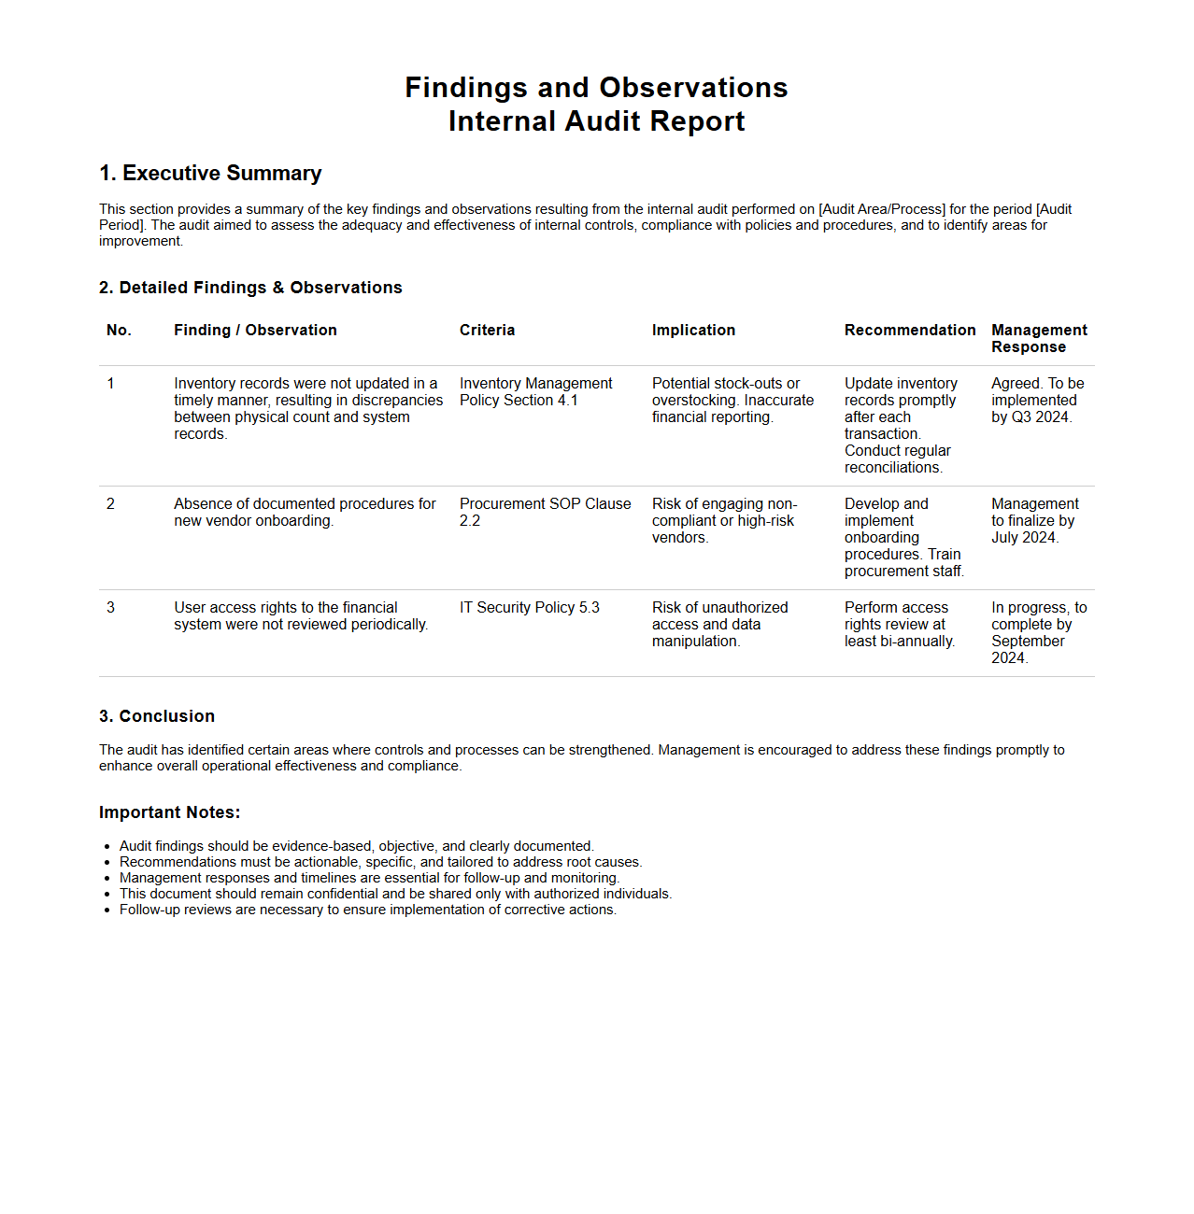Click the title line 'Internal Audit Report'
(x=596, y=121)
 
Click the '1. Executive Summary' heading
(x=210, y=174)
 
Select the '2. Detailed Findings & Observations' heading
(x=250, y=288)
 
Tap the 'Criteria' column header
(x=487, y=331)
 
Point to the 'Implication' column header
(x=693, y=331)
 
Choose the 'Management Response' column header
(x=1039, y=338)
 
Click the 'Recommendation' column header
(x=909, y=331)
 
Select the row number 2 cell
(x=110, y=504)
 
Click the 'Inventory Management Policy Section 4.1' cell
(x=535, y=392)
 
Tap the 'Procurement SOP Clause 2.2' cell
(x=545, y=512)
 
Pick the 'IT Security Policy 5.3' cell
(x=529, y=608)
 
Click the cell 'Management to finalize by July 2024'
(x=1034, y=521)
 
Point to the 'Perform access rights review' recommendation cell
(x=899, y=624)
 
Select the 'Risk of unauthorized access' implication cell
(x=719, y=624)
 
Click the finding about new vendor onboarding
(x=305, y=512)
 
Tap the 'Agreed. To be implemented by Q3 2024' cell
(x=1037, y=400)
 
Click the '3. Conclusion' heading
(x=157, y=716)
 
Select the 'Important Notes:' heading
(x=169, y=812)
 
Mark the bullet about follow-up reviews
(x=367, y=910)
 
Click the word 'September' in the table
(x=1028, y=642)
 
